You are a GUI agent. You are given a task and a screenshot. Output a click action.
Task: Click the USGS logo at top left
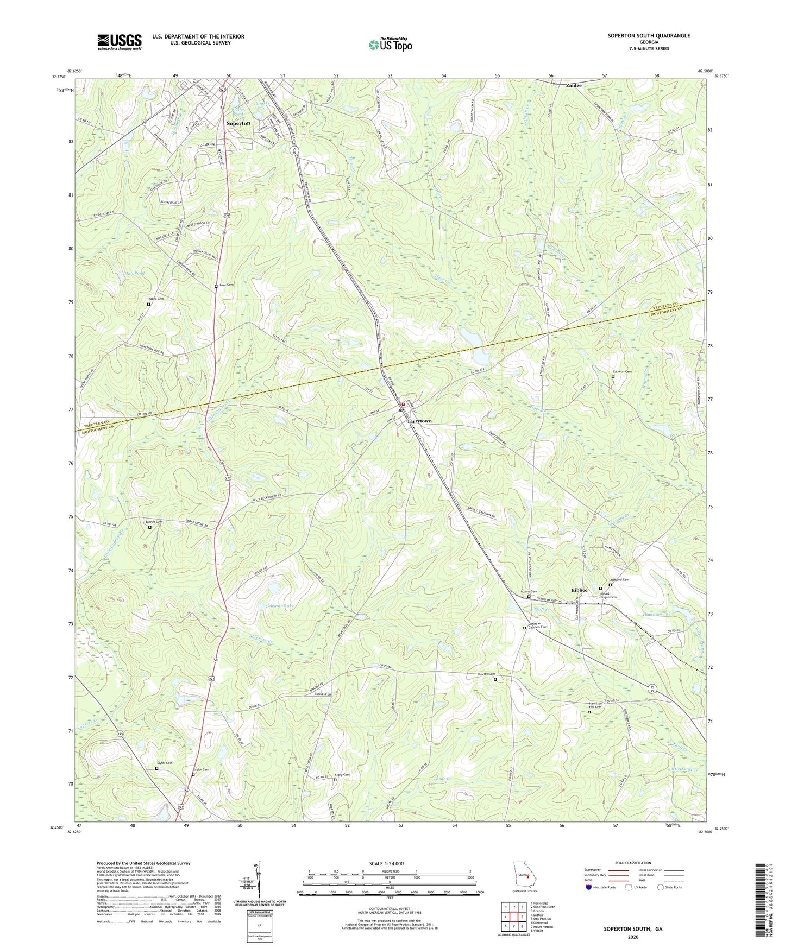(120, 42)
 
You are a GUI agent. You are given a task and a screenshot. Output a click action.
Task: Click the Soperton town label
(238, 123)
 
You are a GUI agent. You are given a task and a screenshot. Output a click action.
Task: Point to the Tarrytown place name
(419, 421)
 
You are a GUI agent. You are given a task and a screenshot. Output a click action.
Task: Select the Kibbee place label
(579, 590)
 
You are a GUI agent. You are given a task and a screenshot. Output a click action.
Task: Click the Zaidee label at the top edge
(574, 85)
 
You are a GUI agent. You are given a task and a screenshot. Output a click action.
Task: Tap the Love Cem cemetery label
(227, 285)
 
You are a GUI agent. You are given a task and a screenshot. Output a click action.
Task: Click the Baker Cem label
(156, 299)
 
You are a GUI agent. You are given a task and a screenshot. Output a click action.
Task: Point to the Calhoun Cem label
(621, 372)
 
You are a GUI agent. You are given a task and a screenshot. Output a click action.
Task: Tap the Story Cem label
(342, 775)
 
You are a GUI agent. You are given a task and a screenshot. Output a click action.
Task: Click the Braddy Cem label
(487, 674)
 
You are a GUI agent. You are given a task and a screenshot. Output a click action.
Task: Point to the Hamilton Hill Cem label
(595, 706)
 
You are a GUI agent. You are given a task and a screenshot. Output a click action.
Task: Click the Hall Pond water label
(134, 273)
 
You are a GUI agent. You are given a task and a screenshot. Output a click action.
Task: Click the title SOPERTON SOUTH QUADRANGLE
(649, 36)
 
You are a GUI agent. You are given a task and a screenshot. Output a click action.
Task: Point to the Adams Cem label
(529, 592)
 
